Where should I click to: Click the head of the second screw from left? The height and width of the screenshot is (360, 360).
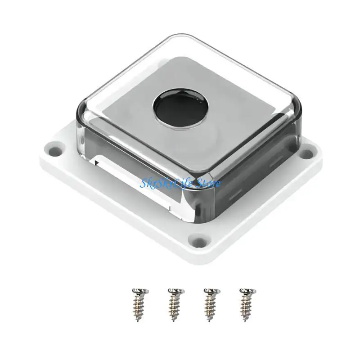tap(173, 290)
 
